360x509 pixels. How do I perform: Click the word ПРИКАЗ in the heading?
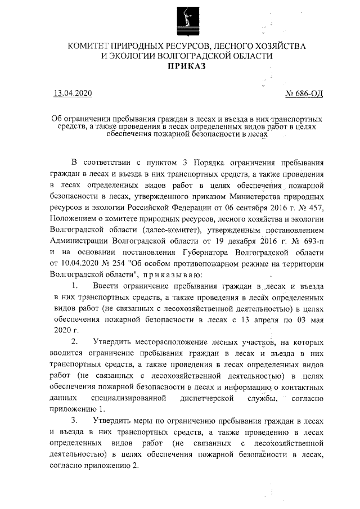[186, 66]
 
